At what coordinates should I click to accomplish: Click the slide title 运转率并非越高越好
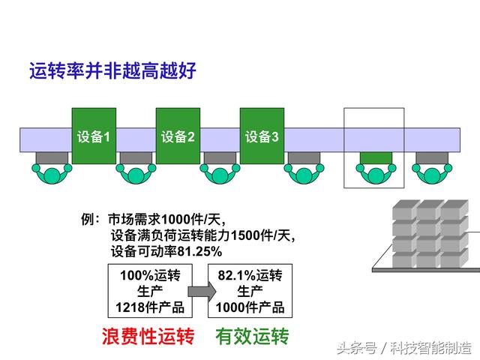click(x=112, y=70)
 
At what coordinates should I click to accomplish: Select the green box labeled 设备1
click(x=94, y=136)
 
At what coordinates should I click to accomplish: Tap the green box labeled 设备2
click(x=178, y=136)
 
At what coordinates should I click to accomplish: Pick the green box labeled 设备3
click(x=262, y=136)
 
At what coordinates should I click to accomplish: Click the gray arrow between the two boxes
click(x=202, y=291)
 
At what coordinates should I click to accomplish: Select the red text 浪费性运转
click(x=148, y=336)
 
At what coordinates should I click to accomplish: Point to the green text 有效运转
click(x=252, y=336)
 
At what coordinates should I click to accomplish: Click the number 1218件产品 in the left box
click(x=150, y=307)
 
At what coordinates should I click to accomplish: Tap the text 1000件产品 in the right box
click(x=250, y=307)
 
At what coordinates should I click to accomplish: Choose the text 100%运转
click(x=150, y=275)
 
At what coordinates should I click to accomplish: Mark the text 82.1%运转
click(x=250, y=275)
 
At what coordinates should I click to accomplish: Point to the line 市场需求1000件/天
click(x=166, y=219)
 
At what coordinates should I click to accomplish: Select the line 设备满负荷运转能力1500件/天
click(x=203, y=235)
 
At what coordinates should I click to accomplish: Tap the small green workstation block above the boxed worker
click(x=376, y=157)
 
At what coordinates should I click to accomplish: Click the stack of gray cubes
click(x=430, y=233)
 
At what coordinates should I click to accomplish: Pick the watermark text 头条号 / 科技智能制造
click(x=404, y=348)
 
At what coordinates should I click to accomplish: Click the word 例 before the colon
click(x=87, y=219)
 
